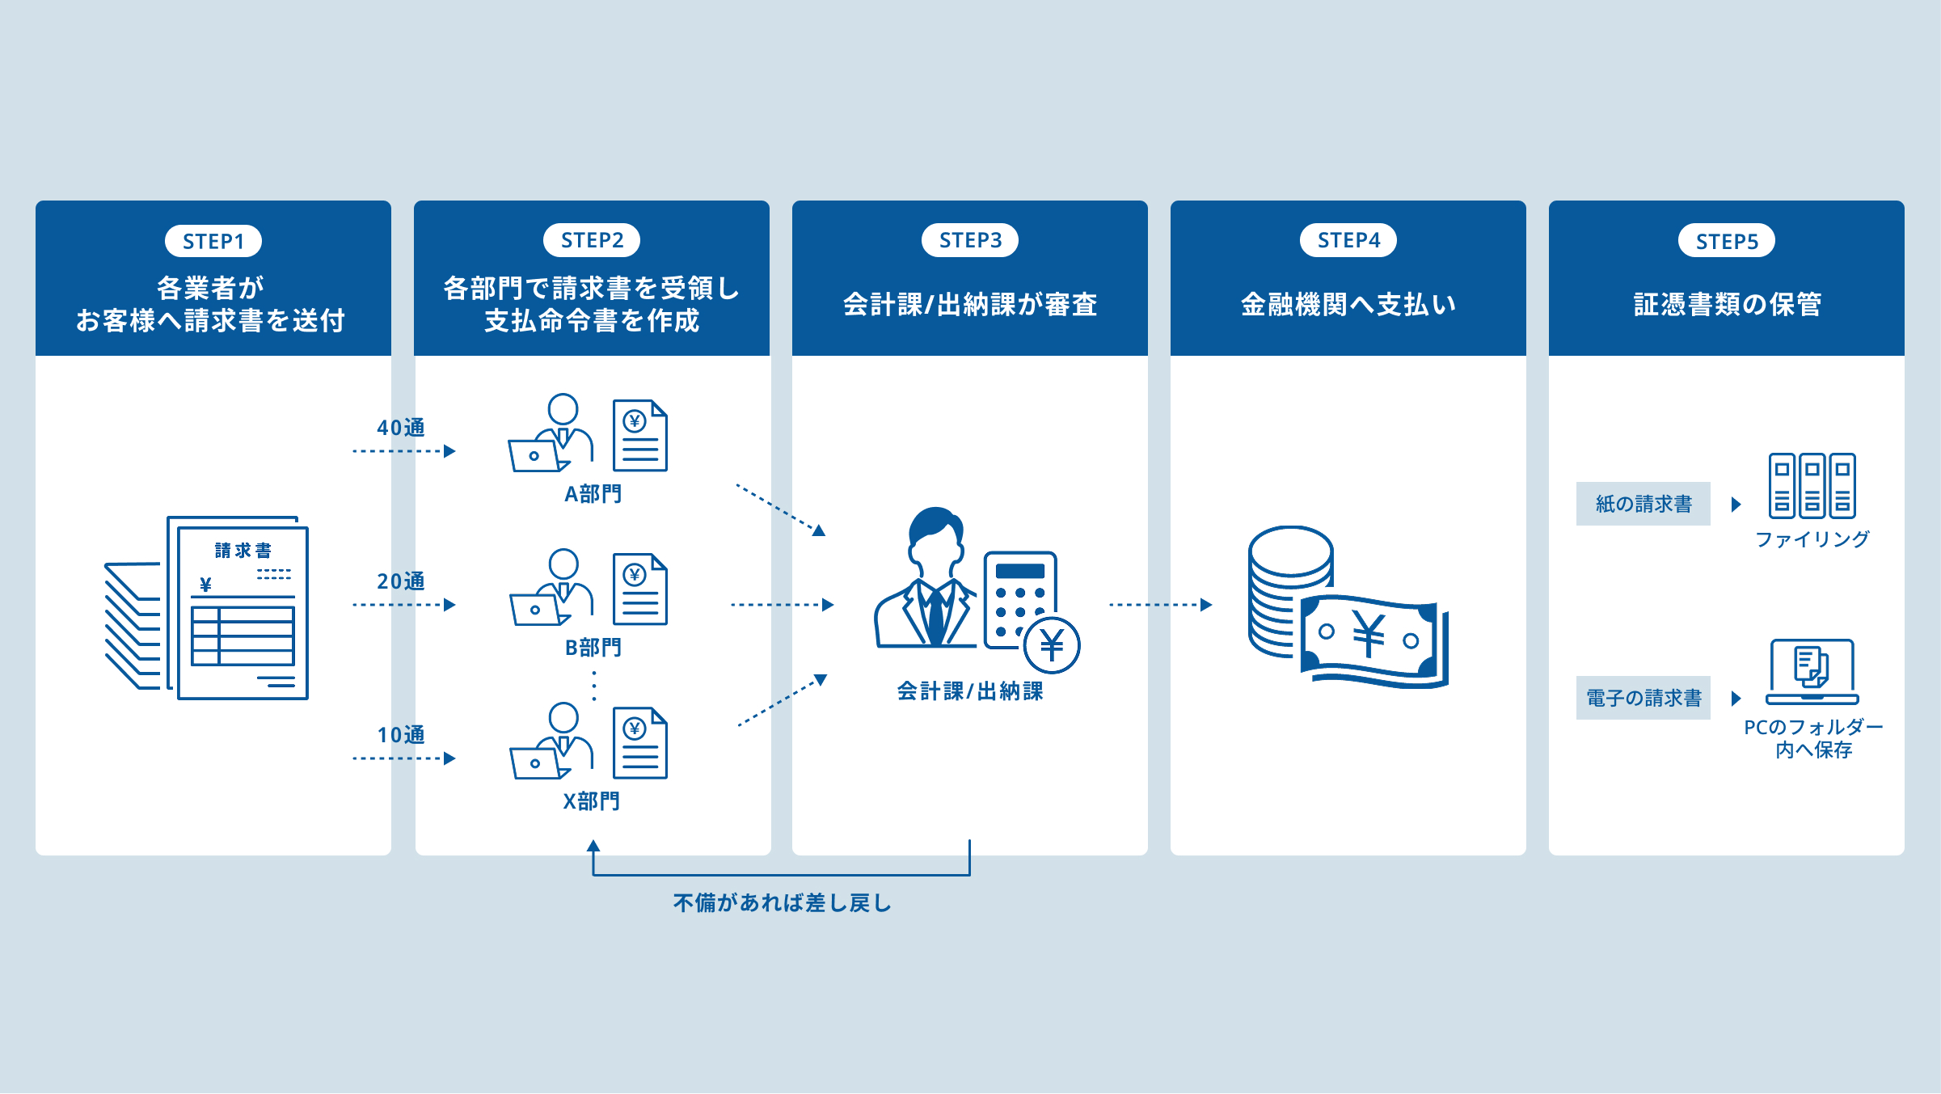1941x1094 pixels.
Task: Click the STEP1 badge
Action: pyautogui.click(x=213, y=241)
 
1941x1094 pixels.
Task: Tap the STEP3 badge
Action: pyautogui.click(x=970, y=240)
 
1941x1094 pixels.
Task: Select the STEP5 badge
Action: pyautogui.click(x=1727, y=241)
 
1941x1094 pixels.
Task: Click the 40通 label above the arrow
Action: pyautogui.click(x=401, y=428)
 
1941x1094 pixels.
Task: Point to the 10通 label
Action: pyautogui.click(x=401, y=735)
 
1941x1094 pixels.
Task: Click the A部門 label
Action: pyautogui.click(x=593, y=494)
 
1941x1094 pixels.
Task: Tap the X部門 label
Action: pyautogui.click(x=592, y=801)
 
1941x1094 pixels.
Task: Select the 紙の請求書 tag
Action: pyautogui.click(x=1644, y=504)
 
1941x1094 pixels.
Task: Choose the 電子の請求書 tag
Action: pyautogui.click(x=1644, y=698)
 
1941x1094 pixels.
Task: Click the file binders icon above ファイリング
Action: pyautogui.click(x=1812, y=486)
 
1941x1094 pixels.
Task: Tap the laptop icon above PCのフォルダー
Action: pyautogui.click(x=1812, y=672)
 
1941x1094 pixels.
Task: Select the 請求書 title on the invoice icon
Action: pyautogui.click(x=243, y=551)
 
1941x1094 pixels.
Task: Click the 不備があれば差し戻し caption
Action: pyautogui.click(x=782, y=903)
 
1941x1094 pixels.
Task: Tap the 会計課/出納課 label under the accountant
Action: pyautogui.click(x=970, y=691)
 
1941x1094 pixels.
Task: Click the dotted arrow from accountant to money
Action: pyautogui.click(x=1160, y=605)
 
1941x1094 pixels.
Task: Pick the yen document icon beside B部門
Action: pyautogui.click(x=639, y=589)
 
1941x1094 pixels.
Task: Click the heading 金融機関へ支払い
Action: pyautogui.click(x=1348, y=305)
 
